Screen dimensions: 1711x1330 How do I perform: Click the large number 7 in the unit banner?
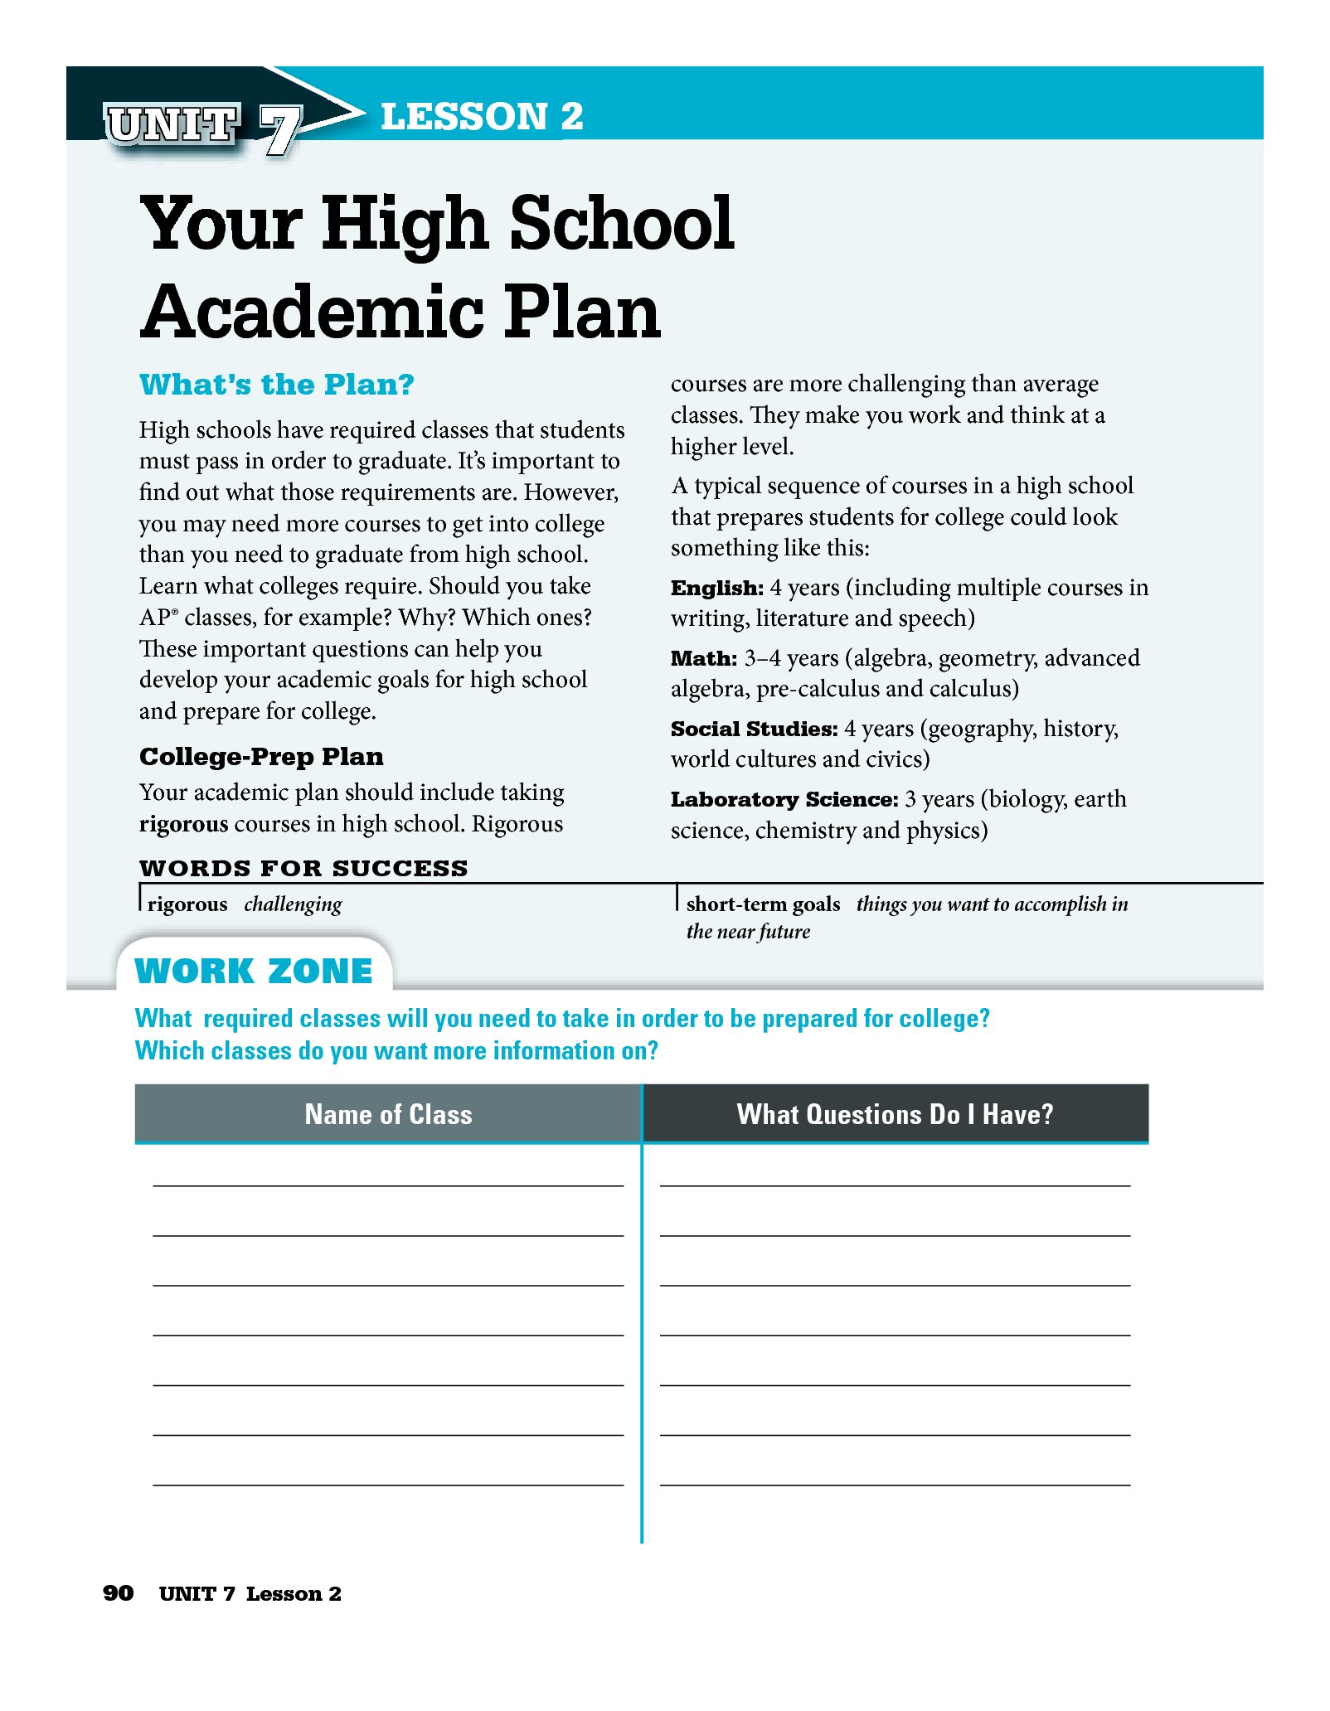pos(279,130)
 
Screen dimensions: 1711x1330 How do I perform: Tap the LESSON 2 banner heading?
pos(482,116)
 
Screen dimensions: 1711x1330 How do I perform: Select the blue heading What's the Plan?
pos(276,385)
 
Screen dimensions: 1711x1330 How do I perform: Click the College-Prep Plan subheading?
pos(261,756)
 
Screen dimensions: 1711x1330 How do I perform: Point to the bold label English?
pos(716,588)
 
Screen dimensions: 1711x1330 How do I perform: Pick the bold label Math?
pos(703,658)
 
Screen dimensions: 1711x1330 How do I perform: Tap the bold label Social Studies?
pos(754,729)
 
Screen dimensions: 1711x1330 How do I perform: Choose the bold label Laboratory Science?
pos(784,799)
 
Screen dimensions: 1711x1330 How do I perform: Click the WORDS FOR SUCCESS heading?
pos(303,868)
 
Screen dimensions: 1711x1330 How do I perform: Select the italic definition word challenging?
pos(293,904)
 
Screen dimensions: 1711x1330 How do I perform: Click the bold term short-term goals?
pos(763,904)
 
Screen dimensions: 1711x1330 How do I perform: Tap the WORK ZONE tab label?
pos(254,971)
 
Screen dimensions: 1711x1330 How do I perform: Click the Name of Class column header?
pos(388,1114)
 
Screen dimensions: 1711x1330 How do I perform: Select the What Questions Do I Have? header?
pos(895,1114)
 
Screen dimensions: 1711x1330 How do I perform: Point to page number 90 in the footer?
pos(118,1592)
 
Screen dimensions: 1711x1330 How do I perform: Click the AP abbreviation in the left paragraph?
pos(155,618)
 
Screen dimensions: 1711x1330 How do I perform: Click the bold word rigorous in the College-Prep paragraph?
pos(183,824)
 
